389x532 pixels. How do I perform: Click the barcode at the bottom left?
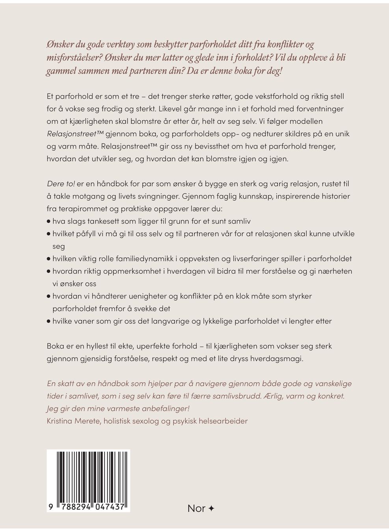tap(88, 476)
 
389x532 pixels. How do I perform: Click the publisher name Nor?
tap(196, 508)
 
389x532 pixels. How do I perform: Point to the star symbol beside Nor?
tap(211, 508)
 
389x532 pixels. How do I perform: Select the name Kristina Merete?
tap(74, 421)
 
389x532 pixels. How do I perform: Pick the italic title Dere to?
tap(61, 184)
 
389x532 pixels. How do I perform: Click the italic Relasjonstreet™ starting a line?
tap(69, 134)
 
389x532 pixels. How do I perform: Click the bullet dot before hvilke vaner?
tap(48, 321)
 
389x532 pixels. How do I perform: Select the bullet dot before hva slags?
tap(48, 222)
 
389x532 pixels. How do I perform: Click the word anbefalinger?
tap(160, 408)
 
